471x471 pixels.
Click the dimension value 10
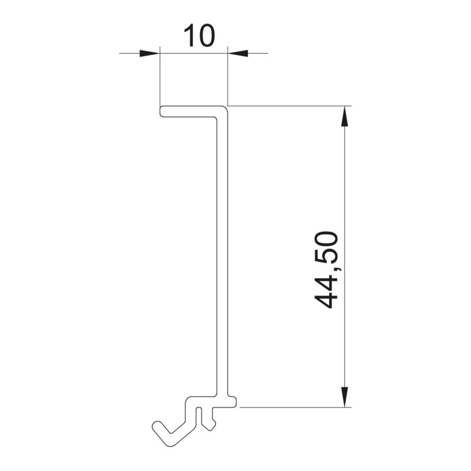pyautogui.click(x=199, y=35)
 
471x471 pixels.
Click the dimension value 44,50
pyautogui.click(x=326, y=270)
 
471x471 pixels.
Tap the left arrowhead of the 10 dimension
pyautogui.click(x=149, y=54)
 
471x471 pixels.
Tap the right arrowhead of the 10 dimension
pyautogui.click(x=238, y=54)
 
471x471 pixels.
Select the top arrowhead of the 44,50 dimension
pyautogui.click(x=345, y=116)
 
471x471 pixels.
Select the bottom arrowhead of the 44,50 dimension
pyautogui.click(x=345, y=397)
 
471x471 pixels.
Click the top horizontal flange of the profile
pyautogui.click(x=192, y=111)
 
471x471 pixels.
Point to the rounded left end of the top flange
pyautogui.click(x=161, y=111)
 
